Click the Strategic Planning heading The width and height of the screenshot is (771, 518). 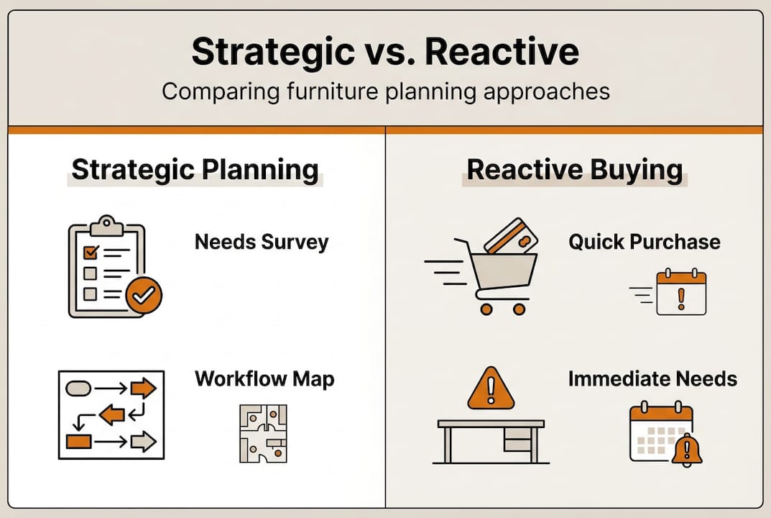click(x=195, y=170)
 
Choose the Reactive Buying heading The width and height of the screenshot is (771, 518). click(x=574, y=170)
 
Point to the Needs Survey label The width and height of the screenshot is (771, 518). click(x=261, y=242)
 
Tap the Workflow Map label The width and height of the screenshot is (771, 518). click(x=264, y=378)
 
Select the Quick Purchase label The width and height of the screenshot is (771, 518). click(x=644, y=242)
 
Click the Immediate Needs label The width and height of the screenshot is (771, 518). click(x=652, y=378)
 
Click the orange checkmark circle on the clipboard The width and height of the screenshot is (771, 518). click(x=144, y=295)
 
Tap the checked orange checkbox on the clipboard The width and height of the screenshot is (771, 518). click(x=91, y=253)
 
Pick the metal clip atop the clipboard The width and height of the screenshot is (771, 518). click(x=106, y=224)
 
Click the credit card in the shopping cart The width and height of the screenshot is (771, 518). click(x=511, y=237)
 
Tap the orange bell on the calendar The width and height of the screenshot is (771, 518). click(x=687, y=450)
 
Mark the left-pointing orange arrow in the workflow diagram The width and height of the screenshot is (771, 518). click(x=112, y=414)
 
